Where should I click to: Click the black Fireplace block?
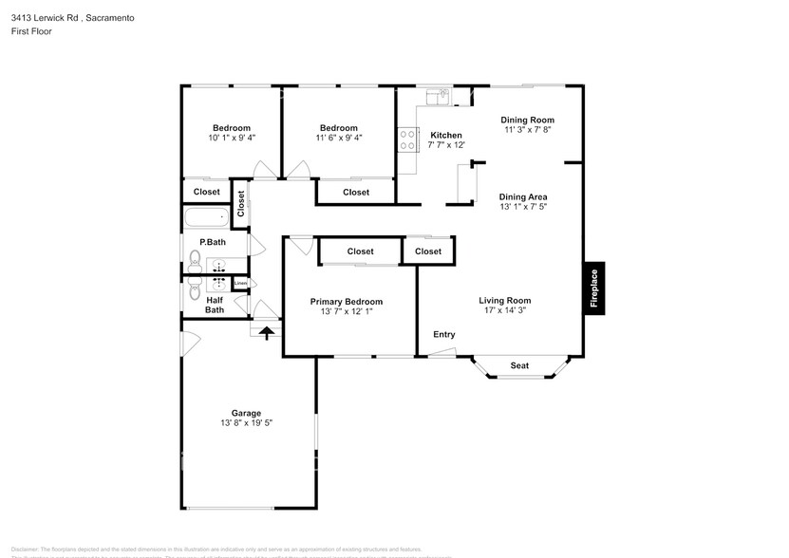point(594,287)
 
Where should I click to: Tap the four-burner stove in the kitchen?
point(407,139)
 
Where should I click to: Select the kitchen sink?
point(439,95)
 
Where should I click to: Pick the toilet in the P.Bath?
point(194,258)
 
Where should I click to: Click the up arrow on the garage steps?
point(267,332)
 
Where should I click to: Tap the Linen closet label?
point(240,283)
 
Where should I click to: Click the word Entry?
point(443,334)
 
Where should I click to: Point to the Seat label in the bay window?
point(519,365)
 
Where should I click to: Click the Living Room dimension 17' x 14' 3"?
point(504,310)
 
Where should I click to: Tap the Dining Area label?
point(523,197)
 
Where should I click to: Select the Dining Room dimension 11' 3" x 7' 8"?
point(528,130)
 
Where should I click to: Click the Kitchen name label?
point(446,135)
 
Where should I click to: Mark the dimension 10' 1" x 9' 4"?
point(231,138)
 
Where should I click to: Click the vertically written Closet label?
point(241,202)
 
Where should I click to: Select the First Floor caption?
point(32,31)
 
